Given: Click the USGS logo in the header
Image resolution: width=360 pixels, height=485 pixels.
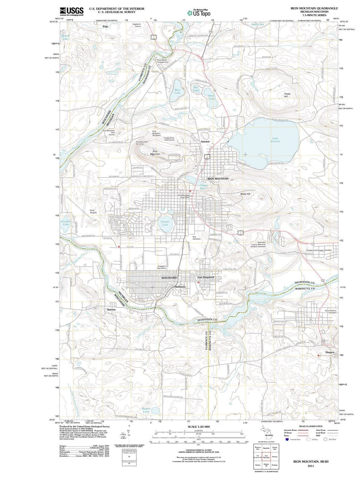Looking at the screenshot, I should [x=72, y=11].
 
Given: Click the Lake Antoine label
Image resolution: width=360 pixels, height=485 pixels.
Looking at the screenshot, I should [x=275, y=140].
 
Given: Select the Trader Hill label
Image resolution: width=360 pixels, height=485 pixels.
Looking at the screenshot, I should [x=287, y=95].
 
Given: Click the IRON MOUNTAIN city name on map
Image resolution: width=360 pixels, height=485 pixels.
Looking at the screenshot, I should [x=218, y=179].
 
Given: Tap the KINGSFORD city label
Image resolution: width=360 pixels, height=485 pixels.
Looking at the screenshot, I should [x=169, y=278].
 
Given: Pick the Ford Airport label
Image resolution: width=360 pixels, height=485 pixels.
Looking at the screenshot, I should [x=93, y=211].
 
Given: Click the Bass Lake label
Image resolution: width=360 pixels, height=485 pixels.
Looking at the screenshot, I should [x=178, y=91].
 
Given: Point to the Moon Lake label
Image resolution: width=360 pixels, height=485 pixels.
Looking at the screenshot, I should [x=212, y=97].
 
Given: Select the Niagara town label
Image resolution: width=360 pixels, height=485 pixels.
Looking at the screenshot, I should [x=330, y=352].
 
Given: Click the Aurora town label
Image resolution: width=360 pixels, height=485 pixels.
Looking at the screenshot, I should [x=111, y=309].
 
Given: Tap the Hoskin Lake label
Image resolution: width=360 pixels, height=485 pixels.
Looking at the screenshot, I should [x=146, y=410].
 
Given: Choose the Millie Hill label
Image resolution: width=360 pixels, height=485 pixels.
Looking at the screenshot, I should [x=245, y=194].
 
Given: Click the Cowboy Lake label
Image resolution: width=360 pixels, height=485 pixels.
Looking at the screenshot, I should [x=66, y=223].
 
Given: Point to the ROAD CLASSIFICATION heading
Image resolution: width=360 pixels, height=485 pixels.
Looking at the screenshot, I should [x=310, y=426].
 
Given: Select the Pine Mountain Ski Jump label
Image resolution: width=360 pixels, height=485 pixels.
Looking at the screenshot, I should [x=142, y=143].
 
